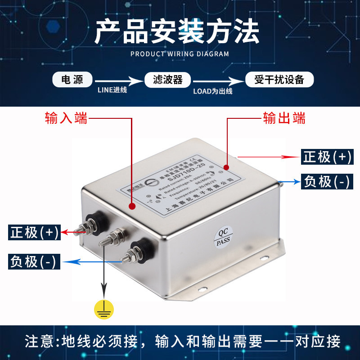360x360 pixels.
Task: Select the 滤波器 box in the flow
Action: [x=167, y=80]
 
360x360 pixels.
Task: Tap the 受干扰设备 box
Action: [x=279, y=80]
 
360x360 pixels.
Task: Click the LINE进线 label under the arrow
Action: [x=112, y=90]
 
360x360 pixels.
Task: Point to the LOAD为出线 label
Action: [x=212, y=90]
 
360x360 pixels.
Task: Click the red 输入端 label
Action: [x=66, y=118]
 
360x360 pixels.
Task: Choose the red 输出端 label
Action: [x=284, y=118]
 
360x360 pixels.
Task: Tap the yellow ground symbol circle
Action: [x=104, y=309]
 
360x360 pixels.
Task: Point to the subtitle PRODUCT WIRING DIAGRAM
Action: [x=180, y=54]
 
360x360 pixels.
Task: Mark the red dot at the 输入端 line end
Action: [x=132, y=207]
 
